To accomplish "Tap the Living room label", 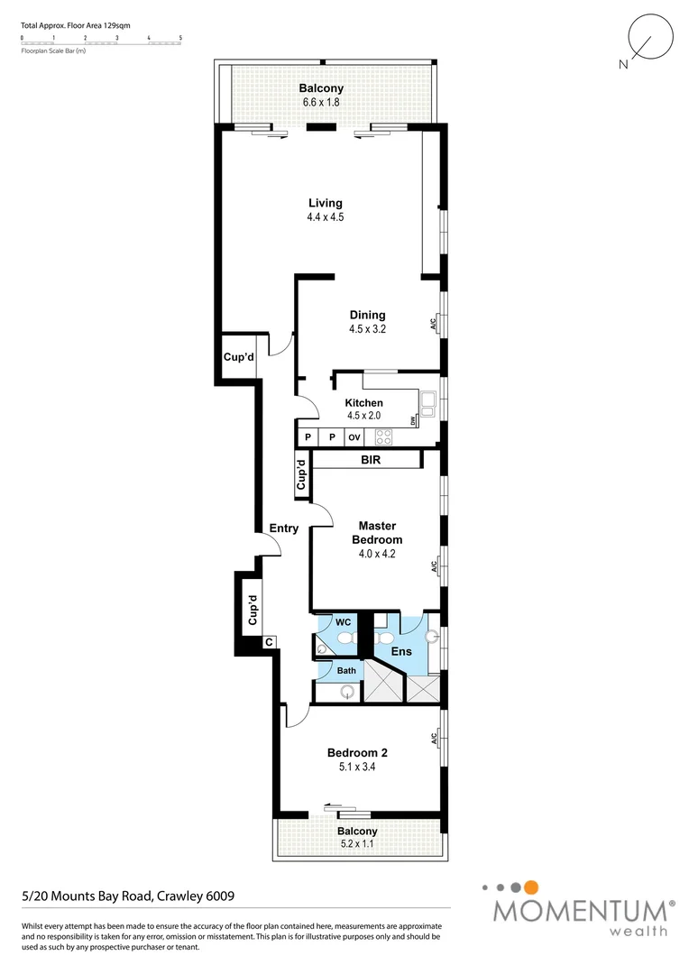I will coord(325,203).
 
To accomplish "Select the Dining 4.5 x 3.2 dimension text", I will coord(367,330).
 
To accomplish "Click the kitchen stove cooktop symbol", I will coord(383,437).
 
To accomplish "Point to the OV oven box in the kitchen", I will coord(354,437).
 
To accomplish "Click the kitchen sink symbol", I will coord(428,402).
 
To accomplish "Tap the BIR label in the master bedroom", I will coord(370,460).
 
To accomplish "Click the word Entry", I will coord(283,528).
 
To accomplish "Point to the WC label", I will coord(343,623).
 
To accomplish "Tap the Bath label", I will coord(346,671).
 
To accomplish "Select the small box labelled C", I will coord(269,642).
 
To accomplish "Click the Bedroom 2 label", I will coord(357,752).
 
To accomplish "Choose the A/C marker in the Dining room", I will coord(433,323).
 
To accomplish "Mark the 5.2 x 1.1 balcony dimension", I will coord(357,844).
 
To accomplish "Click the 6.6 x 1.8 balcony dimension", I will coord(321,103).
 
